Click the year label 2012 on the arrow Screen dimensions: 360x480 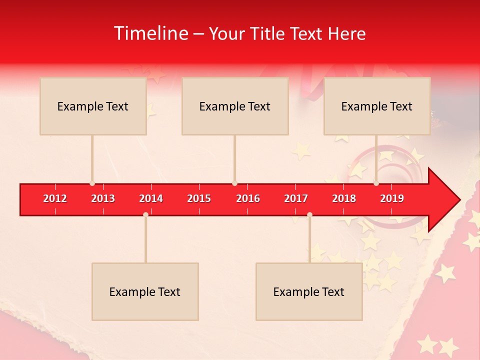[55, 198]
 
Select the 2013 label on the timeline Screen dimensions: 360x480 [103, 198]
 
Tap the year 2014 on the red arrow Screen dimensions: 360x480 [151, 198]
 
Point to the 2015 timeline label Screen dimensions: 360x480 [199, 198]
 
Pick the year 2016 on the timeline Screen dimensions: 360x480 [248, 198]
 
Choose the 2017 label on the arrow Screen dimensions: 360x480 [296, 198]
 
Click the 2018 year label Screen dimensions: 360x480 [344, 198]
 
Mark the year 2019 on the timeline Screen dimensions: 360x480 [392, 198]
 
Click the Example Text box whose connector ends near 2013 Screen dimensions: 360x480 [93, 106]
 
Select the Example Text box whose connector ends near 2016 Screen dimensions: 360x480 [235, 106]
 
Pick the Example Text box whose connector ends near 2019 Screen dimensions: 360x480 [377, 106]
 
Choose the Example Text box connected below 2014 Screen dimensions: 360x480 [145, 291]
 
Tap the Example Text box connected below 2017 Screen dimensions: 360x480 [309, 291]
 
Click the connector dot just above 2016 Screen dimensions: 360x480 [234, 183]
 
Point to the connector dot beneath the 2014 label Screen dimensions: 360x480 [145, 214]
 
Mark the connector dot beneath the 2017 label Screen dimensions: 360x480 [309, 214]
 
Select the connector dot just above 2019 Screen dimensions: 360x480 [376, 183]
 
